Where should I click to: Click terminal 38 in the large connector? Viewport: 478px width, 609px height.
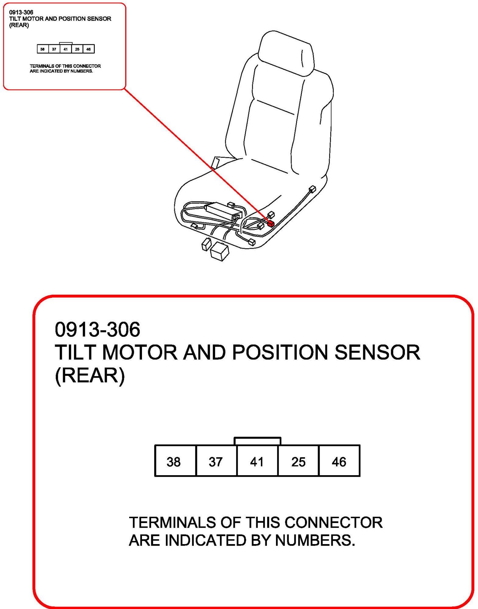pyautogui.click(x=175, y=461)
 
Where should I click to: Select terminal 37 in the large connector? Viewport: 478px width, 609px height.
pyautogui.click(x=216, y=461)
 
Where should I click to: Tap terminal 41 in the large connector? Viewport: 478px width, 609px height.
pyautogui.click(x=257, y=461)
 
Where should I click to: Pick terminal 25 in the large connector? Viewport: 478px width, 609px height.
pyautogui.click(x=298, y=461)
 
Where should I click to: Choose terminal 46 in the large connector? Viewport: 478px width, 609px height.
pyautogui.click(x=339, y=461)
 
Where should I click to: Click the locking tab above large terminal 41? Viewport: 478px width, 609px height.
pyautogui.click(x=257, y=441)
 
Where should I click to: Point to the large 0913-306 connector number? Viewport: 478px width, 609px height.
pyautogui.click(x=97, y=329)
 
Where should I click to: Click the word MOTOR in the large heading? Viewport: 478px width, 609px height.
pyautogui.click(x=140, y=352)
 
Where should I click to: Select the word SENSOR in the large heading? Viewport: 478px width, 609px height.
pyautogui.click(x=377, y=352)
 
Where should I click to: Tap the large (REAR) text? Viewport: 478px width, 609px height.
pyautogui.click(x=90, y=375)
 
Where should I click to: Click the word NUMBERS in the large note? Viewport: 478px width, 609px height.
pyautogui.click(x=315, y=540)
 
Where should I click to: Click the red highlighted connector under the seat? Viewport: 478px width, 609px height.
pyautogui.click(x=271, y=224)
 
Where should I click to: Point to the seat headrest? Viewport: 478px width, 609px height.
pyautogui.click(x=286, y=53)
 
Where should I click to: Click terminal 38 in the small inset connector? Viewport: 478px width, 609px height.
pyautogui.click(x=43, y=49)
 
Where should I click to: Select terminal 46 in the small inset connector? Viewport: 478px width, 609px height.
pyautogui.click(x=89, y=49)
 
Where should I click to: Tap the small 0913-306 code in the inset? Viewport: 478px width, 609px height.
pyautogui.click(x=21, y=12)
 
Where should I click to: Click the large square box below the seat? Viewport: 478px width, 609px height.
pyautogui.click(x=220, y=251)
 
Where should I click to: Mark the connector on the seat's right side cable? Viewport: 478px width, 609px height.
pyautogui.click(x=313, y=189)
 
